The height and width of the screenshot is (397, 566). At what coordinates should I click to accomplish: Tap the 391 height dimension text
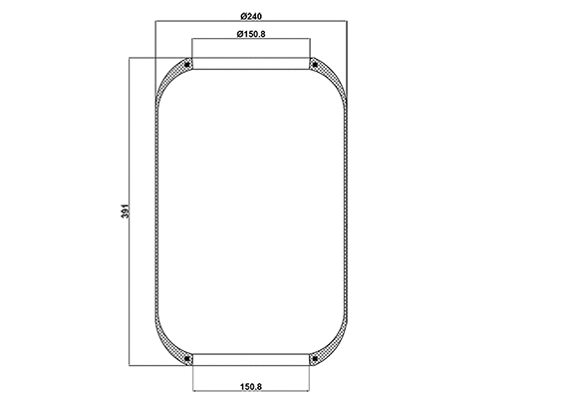click(124, 212)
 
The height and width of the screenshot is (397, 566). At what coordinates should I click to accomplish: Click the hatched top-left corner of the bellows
click(176, 71)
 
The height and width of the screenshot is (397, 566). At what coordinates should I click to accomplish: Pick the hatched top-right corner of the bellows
click(328, 71)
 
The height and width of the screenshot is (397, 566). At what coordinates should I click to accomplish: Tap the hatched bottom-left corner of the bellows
click(176, 352)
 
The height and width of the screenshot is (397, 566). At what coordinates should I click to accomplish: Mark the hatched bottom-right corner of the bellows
click(328, 352)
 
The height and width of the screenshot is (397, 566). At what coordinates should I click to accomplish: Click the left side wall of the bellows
click(157, 211)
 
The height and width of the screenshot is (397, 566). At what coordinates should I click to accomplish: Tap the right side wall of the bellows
click(347, 211)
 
